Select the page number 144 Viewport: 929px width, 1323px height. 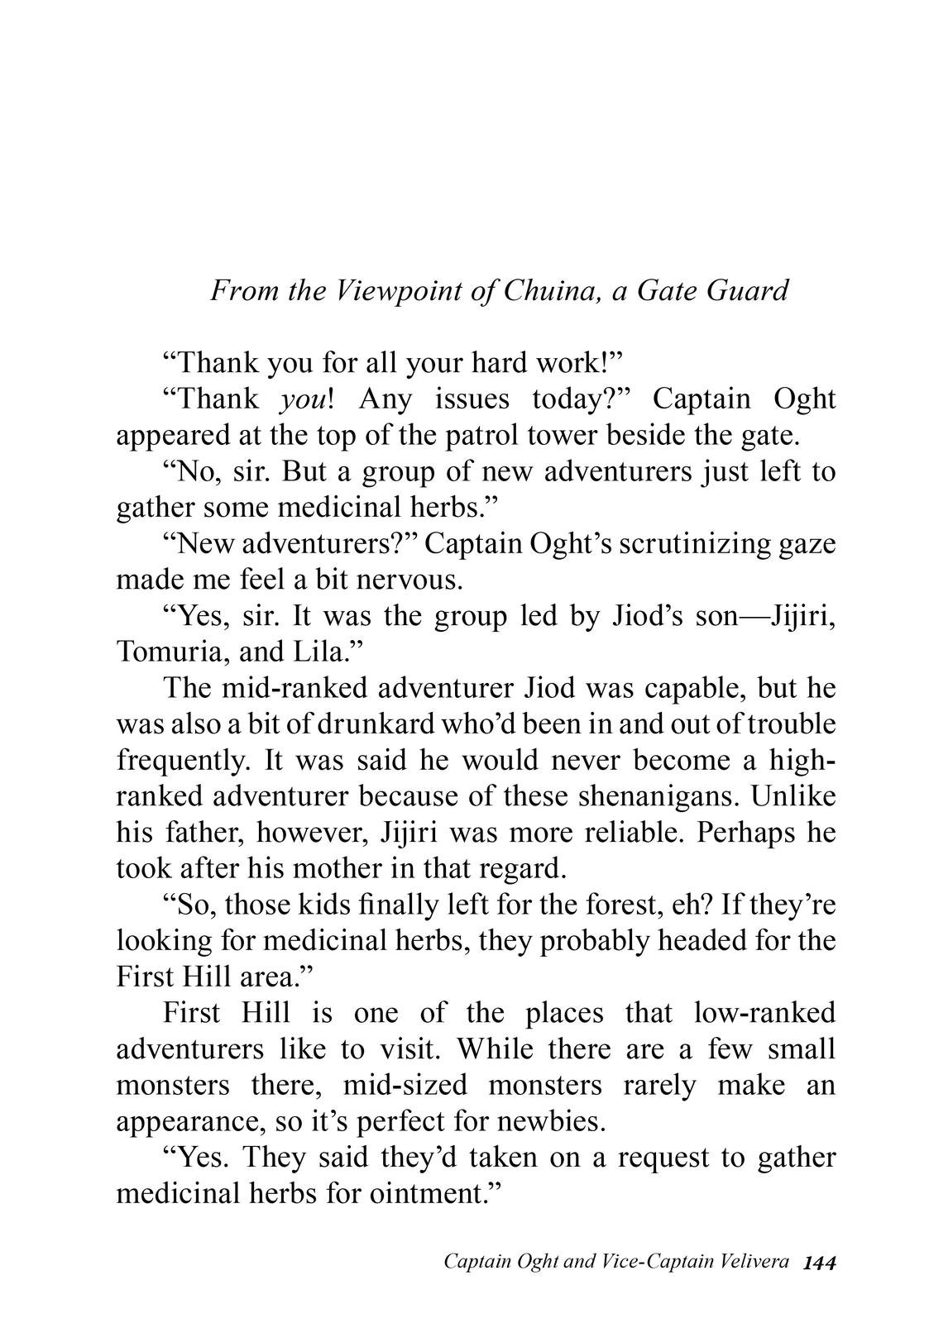point(820,1263)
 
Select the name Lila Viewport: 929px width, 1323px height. point(321,652)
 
